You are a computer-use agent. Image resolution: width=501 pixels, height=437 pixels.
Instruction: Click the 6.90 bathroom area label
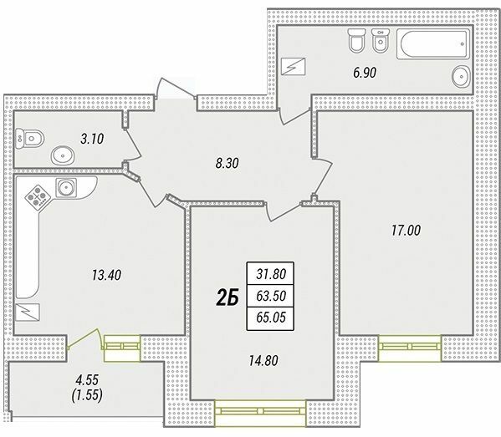[364, 74]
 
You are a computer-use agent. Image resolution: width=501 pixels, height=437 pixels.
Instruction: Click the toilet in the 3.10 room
[28, 137]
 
